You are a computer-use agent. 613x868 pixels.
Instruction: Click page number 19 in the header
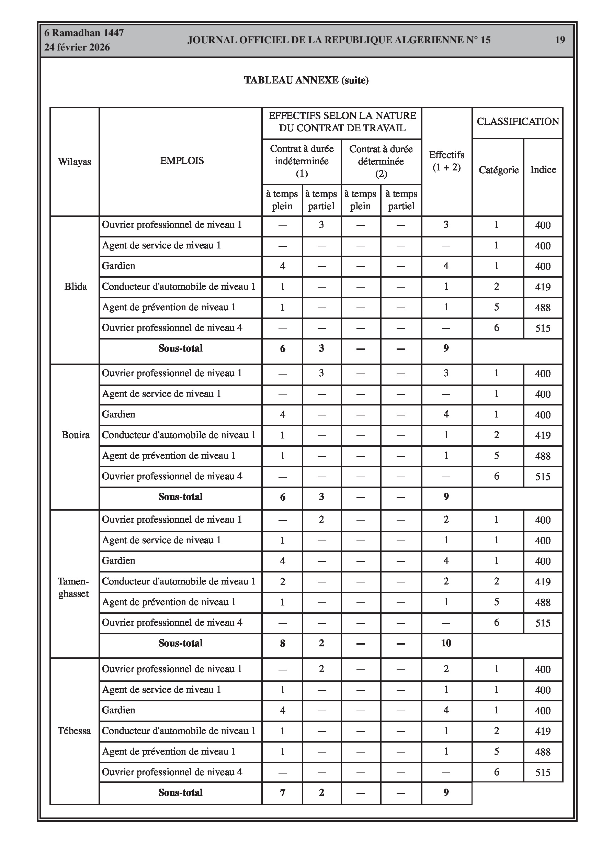pyautogui.click(x=560, y=40)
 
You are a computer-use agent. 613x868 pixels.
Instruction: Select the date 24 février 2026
pyautogui.click(x=77, y=47)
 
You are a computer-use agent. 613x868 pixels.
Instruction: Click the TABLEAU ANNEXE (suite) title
pyautogui.click(x=306, y=80)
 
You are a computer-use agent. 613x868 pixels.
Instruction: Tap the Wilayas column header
pyautogui.click(x=75, y=162)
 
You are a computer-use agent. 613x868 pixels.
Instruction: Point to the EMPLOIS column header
pyautogui.click(x=182, y=161)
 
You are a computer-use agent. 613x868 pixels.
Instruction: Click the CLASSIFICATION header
pyautogui.click(x=518, y=121)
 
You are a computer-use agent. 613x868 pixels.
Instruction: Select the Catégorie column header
pyautogui.click(x=499, y=170)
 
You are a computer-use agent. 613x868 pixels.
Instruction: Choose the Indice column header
pyautogui.click(x=543, y=169)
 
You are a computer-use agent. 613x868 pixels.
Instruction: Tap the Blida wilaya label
pyautogui.click(x=76, y=287)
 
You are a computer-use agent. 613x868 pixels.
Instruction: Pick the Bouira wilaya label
pyautogui.click(x=76, y=435)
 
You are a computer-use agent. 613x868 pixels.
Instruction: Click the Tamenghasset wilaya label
pyautogui.click(x=74, y=588)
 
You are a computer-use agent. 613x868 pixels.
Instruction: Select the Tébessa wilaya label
pyautogui.click(x=74, y=731)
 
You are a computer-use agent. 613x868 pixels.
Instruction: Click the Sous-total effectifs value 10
pyautogui.click(x=446, y=643)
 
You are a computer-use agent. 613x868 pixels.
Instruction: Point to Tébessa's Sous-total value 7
pyautogui.click(x=282, y=792)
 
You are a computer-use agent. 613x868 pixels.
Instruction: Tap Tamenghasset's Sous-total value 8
pyautogui.click(x=282, y=643)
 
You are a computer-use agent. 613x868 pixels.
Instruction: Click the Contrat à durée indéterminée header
pyautogui.click(x=302, y=161)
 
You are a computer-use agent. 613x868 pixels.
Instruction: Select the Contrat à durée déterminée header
pyautogui.click(x=381, y=161)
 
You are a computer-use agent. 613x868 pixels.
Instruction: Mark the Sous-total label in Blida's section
pyautogui.click(x=181, y=348)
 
